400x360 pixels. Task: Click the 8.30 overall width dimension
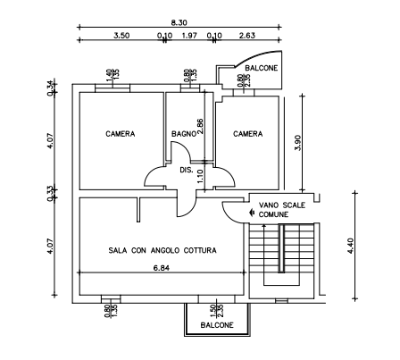point(179,22)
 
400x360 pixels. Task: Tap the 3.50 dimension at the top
point(121,36)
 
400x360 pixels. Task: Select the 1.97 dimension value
point(189,36)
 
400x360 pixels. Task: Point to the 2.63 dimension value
point(247,36)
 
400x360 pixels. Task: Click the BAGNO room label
point(184,134)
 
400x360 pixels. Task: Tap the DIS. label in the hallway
point(187,171)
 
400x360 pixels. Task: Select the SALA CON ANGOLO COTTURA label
point(162,250)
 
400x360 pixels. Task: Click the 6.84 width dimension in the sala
point(162,268)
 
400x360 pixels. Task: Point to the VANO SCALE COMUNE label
point(282,210)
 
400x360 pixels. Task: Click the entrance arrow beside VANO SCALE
point(252,213)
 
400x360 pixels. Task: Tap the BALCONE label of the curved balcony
point(262,68)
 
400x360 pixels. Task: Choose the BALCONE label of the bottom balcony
point(217,325)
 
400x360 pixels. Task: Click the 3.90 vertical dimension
point(298,143)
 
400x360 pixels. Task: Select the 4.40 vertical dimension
point(350,246)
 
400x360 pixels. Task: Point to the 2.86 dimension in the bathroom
point(200,127)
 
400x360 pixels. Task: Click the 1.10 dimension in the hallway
point(200,176)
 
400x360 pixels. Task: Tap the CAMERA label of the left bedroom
point(121,134)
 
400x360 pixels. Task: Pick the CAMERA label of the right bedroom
point(248,134)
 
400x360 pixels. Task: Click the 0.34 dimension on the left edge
point(51,88)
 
